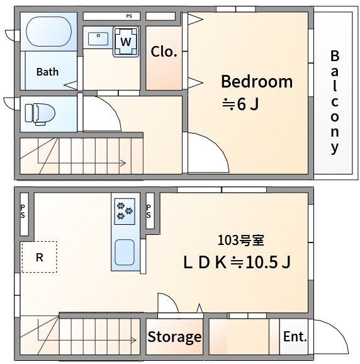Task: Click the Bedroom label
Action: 257,81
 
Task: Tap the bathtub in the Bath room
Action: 48,32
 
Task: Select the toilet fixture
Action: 40,115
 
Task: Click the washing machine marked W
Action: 126,42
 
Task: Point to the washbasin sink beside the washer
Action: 98,39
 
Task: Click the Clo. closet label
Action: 164,52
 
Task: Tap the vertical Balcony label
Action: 334,102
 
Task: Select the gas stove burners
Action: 125,212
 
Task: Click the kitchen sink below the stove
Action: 125,253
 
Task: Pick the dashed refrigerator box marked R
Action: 40,257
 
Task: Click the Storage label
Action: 174,337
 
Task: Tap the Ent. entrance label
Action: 295,336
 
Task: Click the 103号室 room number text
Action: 241,241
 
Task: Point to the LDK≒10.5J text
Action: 237,262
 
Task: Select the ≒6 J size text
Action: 240,104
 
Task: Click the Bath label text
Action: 47,72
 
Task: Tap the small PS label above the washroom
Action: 129,16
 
